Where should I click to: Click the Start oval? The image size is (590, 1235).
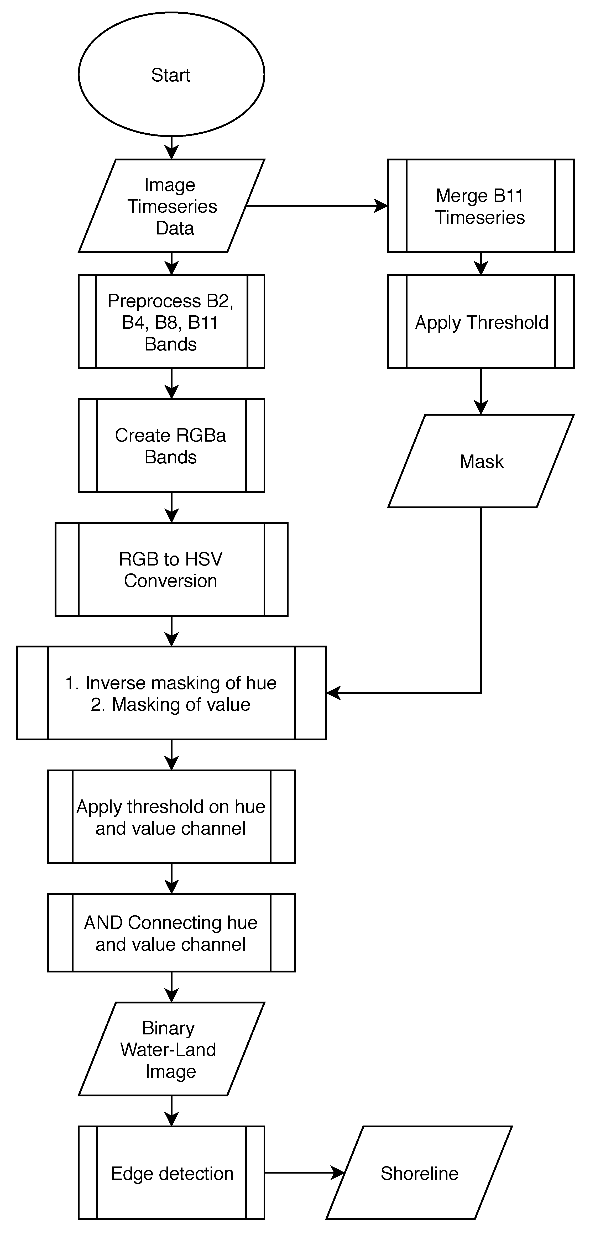[171, 75]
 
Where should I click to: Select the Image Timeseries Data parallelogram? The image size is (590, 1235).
[171, 206]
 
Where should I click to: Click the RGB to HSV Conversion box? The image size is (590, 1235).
[171, 569]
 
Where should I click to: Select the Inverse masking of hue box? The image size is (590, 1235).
[171, 693]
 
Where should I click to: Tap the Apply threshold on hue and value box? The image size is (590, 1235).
[171, 817]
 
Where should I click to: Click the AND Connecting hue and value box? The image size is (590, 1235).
[171, 933]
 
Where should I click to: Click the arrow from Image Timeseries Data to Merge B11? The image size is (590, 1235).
[316, 206]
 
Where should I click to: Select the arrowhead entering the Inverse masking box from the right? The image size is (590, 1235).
[333, 693]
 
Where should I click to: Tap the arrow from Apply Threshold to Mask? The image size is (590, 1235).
[481, 391]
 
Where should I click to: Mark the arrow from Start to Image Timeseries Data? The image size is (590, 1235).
[171, 147]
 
